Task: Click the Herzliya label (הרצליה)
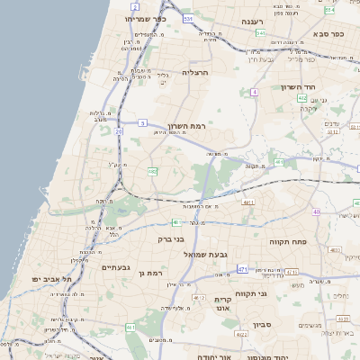pyautogui.click(x=194, y=71)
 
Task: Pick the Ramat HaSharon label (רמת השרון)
pyautogui.click(x=187, y=127)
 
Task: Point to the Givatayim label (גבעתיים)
pyautogui.click(x=116, y=267)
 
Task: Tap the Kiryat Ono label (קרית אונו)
pyautogui.click(x=224, y=304)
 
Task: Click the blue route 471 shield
pyautogui.click(x=242, y=269)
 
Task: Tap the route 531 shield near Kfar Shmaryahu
pyautogui.click(x=188, y=18)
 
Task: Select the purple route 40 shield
pyautogui.click(x=316, y=211)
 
